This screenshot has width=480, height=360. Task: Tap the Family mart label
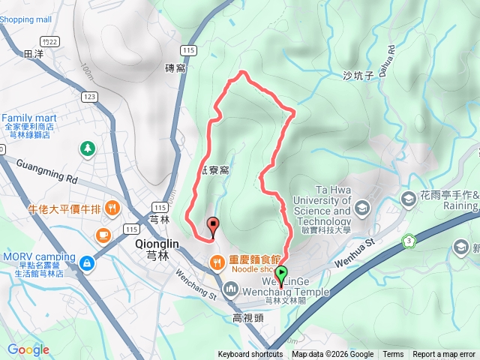point(30,118)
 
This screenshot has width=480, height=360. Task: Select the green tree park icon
point(88,149)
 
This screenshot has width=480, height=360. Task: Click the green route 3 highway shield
point(409,240)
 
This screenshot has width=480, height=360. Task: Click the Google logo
point(28,349)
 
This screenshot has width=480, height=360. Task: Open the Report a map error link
point(444,355)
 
